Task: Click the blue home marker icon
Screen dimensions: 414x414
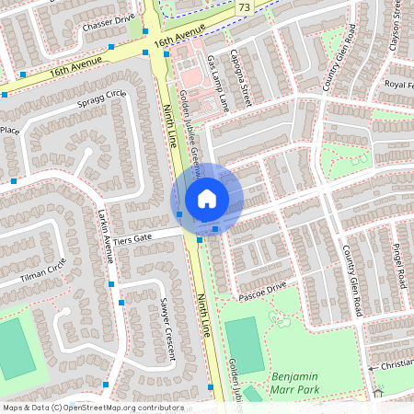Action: [207, 199]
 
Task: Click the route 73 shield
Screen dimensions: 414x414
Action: [243, 7]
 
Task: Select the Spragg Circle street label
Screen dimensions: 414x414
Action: [102, 97]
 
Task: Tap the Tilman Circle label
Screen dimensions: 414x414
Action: [42, 270]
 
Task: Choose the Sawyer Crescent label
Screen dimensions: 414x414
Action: [167, 323]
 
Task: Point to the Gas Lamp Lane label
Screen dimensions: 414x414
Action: [217, 83]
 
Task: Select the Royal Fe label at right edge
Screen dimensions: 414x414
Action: [397, 85]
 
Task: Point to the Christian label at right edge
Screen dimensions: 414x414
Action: [397, 365]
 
